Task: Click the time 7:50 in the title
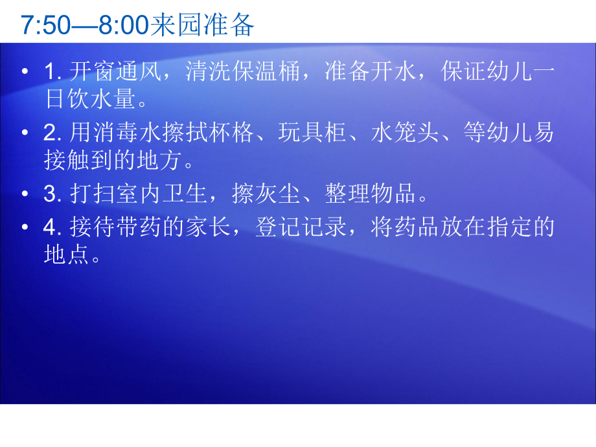click(x=43, y=25)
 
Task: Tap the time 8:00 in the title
click(x=124, y=25)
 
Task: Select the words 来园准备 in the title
click(x=202, y=25)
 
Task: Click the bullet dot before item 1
click(x=25, y=72)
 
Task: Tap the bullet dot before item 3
click(x=25, y=194)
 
